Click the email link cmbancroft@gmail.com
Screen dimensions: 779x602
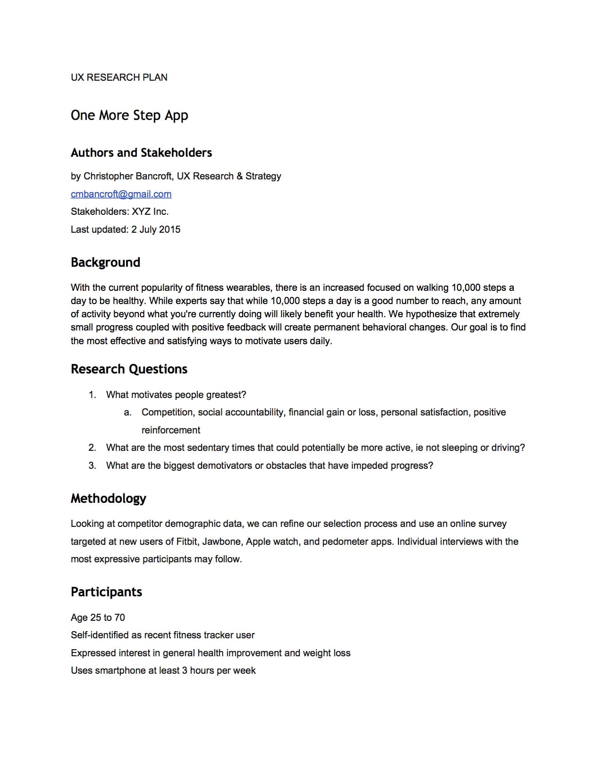[x=121, y=194]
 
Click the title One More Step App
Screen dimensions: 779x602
[x=129, y=116]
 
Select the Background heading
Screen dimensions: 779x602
[x=105, y=262]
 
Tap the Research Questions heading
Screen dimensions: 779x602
[x=129, y=369]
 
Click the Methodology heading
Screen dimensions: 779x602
[x=108, y=499]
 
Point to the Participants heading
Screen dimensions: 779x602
[x=106, y=592]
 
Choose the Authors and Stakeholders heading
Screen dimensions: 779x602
[x=141, y=153]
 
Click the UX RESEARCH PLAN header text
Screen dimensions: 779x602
[x=119, y=77]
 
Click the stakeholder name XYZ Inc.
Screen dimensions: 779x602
[x=150, y=212]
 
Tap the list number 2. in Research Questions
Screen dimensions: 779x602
[x=92, y=448]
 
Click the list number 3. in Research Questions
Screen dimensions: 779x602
[x=92, y=466]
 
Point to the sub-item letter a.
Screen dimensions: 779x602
[x=127, y=413]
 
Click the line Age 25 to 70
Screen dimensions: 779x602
[x=98, y=618]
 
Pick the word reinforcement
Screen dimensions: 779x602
[x=170, y=430]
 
